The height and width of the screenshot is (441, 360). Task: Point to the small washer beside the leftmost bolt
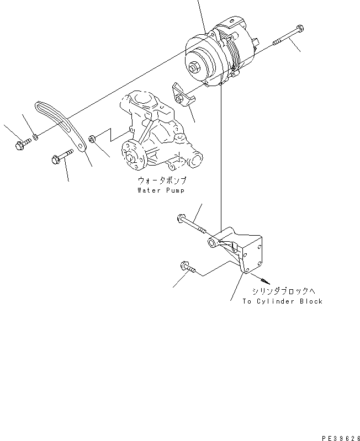click(35, 136)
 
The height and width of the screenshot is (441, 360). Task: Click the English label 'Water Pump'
click(161, 190)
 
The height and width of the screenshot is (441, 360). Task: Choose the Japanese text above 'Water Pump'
click(162, 180)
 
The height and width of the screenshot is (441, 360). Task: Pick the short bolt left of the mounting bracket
click(187, 268)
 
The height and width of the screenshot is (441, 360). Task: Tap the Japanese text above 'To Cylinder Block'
click(282, 291)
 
